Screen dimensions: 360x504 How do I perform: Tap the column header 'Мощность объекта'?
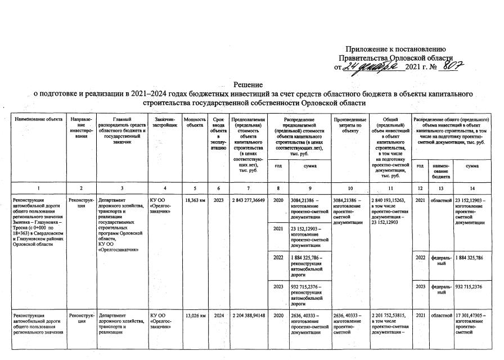point(195,123)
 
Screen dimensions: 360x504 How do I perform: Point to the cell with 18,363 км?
point(195,199)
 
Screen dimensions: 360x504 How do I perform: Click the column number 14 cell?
point(471,187)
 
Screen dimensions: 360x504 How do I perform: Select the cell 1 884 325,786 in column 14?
point(471,258)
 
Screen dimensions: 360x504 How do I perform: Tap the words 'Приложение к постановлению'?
point(395,49)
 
